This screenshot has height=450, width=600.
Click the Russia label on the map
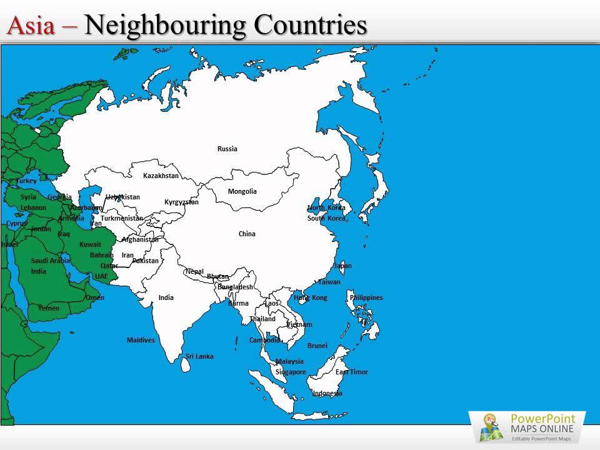tap(227, 149)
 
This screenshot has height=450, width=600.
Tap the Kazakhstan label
tap(161, 176)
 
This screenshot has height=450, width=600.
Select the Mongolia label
tap(242, 191)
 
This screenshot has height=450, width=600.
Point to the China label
tap(247, 234)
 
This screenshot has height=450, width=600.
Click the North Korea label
tap(326, 207)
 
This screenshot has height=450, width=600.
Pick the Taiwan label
tap(329, 282)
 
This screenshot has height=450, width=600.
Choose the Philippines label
tap(366, 297)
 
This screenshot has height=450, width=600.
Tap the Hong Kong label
tap(311, 297)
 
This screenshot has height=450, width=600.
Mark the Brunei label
tap(317, 346)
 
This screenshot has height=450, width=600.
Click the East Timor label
tap(352, 372)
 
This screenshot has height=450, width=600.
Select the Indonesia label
tap(327, 393)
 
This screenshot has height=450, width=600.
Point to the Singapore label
tap(291, 372)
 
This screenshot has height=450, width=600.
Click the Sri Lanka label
tap(199, 356)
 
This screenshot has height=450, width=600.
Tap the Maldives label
tap(141, 340)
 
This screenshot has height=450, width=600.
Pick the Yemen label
tap(49, 308)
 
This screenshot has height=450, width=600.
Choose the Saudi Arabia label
tap(51, 261)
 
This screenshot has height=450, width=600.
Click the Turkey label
tap(27, 181)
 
